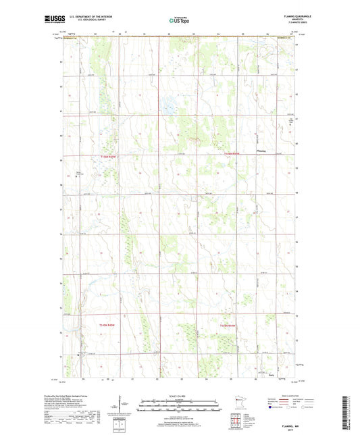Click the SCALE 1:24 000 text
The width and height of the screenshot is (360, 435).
point(180,395)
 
